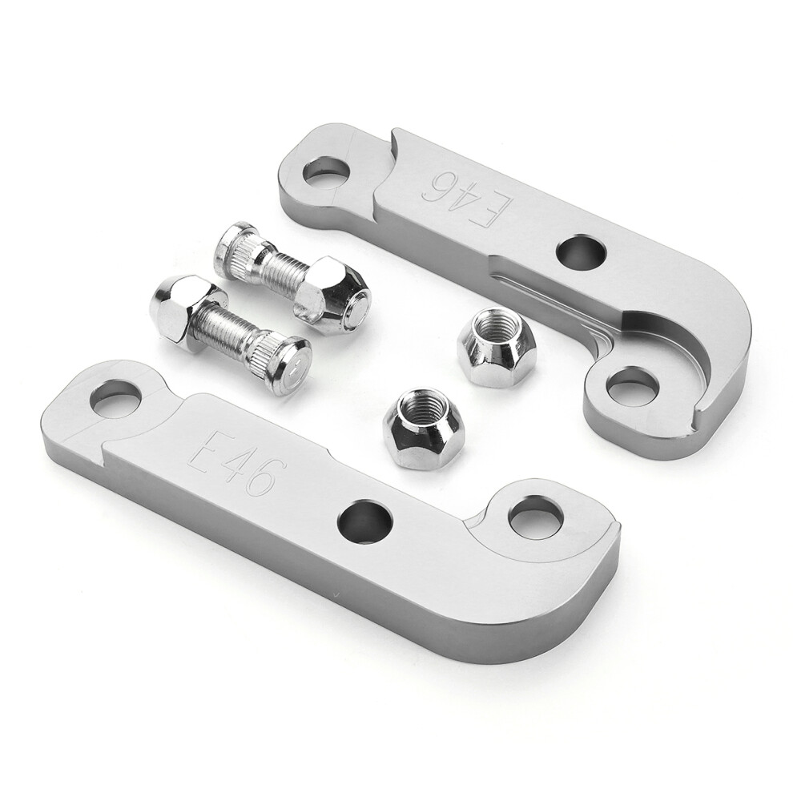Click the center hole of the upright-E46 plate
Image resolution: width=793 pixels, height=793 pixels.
pos(365,521)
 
